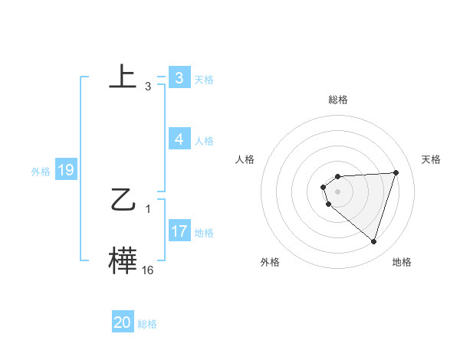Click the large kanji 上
[123, 77]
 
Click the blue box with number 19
[65, 171]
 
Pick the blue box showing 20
[123, 322]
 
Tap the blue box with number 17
[179, 231]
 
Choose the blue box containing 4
[179, 139]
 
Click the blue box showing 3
[179, 77]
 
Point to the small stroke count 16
[147, 270]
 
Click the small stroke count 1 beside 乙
[147, 208]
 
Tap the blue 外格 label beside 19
[41, 172]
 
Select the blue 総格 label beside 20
[147, 324]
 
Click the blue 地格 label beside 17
[204, 232]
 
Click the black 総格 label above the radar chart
[338, 100]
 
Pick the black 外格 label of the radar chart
[270, 262]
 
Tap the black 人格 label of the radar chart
[245, 159]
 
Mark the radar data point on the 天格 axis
[396, 172]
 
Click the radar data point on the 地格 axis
[373, 241]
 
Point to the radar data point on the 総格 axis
[338, 176]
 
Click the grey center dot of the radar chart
[338, 191]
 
